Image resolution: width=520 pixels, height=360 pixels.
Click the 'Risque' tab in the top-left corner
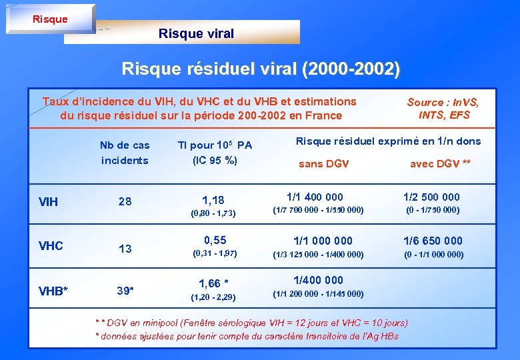[x=50, y=19]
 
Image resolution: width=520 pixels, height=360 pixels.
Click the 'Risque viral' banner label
[x=196, y=33]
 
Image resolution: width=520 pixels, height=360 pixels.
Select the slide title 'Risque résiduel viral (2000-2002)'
[x=261, y=69]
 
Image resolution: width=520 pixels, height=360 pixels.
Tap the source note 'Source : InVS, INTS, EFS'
[x=443, y=108]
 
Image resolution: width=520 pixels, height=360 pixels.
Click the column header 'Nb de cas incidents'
[x=125, y=152]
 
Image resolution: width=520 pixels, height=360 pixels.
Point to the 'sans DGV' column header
[x=323, y=163]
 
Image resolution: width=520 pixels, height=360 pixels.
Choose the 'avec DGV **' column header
[x=440, y=163]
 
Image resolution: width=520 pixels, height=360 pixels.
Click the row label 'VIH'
[x=48, y=201]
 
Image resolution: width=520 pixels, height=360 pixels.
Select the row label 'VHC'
[x=51, y=245]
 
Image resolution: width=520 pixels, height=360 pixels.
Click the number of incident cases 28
[x=125, y=201]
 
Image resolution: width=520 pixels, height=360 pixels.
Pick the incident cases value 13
[x=125, y=249]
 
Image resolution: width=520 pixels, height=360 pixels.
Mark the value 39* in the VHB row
[x=125, y=290]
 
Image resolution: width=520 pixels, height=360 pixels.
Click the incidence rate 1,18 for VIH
[x=213, y=200]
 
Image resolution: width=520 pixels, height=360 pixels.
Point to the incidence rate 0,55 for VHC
[x=215, y=240]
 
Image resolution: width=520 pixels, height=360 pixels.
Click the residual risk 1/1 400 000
[x=315, y=197]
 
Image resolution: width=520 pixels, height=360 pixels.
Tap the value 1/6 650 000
[x=433, y=241]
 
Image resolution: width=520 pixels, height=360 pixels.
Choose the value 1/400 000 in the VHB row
[x=319, y=280]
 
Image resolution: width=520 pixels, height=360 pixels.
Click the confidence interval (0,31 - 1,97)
[x=215, y=253]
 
